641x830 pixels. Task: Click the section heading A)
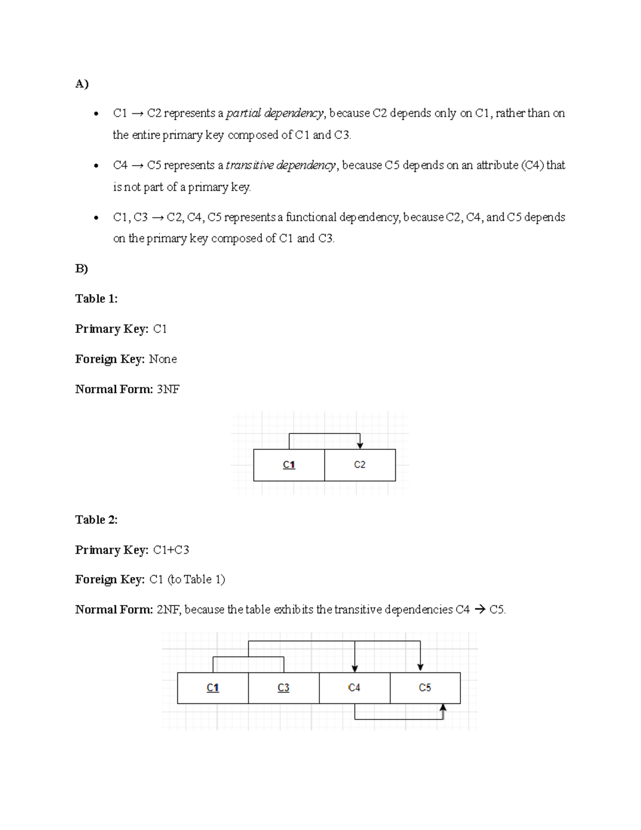(82, 84)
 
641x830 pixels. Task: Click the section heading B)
(82, 268)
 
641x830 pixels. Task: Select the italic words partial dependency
(275, 113)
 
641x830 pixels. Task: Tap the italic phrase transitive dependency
(281, 165)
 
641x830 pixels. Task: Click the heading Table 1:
(96, 299)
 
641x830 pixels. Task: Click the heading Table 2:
(96, 519)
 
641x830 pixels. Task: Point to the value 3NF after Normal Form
(168, 389)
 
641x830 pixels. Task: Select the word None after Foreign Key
(162, 359)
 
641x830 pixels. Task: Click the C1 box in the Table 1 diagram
(289, 465)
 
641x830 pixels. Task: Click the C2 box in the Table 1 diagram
(359, 465)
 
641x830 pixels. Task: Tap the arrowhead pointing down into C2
(360, 445)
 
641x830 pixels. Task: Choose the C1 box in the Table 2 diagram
(213, 688)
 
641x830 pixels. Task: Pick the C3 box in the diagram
(284, 688)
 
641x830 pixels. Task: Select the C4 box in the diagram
(354, 688)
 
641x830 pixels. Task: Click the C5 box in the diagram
(425, 688)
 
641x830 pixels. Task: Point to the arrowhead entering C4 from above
(355, 669)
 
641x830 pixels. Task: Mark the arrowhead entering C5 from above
(420, 668)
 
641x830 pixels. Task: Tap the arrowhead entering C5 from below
(443, 708)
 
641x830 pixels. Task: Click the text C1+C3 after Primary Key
(171, 550)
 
